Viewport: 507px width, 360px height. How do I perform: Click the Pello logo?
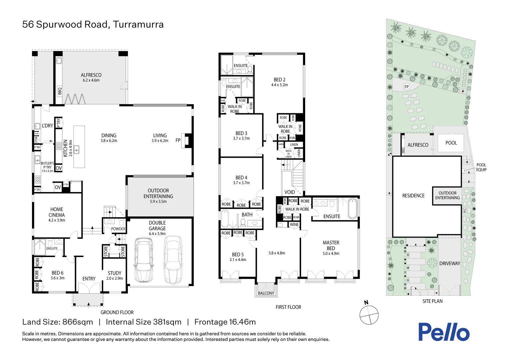(444, 332)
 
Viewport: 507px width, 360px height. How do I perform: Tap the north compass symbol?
(369, 315)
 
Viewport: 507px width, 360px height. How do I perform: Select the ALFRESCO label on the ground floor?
(91, 75)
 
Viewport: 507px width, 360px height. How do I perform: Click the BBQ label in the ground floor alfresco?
(60, 91)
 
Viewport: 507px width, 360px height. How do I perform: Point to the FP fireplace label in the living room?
(178, 140)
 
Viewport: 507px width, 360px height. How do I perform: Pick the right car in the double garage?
(173, 259)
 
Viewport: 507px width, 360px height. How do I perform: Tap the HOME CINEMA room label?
(57, 212)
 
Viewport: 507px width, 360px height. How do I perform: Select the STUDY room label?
(114, 273)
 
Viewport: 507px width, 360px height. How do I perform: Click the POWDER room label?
(118, 229)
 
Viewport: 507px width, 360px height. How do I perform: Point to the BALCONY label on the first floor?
(266, 293)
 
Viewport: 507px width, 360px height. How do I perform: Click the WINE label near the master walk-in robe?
(294, 225)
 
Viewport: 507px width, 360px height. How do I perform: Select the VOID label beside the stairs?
(289, 192)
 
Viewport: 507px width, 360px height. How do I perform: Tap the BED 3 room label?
(241, 133)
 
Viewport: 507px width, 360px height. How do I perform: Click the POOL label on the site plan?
(451, 143)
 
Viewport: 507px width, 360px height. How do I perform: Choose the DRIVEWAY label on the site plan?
(449, 264)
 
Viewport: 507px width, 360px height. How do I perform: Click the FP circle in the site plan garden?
(406, 87)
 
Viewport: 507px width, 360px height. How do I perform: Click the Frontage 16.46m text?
(225, 322)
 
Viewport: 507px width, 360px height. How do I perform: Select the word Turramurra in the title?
(138, 25)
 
